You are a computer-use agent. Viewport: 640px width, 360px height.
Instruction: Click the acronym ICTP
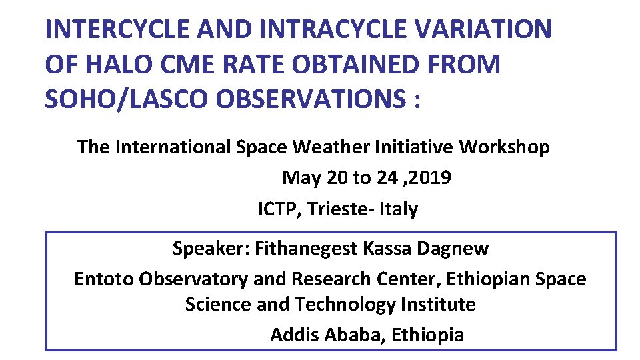279,209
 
